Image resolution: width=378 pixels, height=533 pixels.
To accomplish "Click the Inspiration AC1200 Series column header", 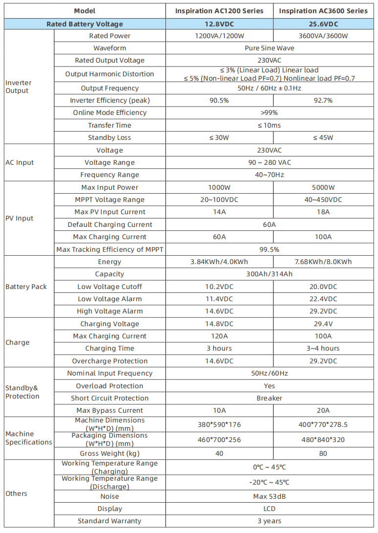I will (x=219, y=11).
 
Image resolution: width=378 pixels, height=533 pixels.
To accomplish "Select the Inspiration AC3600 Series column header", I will (x=323, y=11).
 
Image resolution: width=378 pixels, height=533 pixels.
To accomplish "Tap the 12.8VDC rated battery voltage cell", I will (x=219, y=24).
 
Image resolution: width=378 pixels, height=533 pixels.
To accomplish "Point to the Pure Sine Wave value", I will (x=269, y=48).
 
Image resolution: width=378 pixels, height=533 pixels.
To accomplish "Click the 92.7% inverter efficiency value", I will (x=323, y=100).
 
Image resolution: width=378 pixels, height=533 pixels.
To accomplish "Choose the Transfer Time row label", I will (x=110, y=125).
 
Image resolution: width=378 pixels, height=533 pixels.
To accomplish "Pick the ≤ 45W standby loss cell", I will (x=323, y=137).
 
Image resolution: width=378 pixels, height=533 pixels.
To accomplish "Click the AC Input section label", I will (x=20, y=162).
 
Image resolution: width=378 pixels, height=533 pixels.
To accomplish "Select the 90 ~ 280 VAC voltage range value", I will (x=269, y=162).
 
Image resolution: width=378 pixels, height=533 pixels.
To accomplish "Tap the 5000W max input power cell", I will (x=323, y=187).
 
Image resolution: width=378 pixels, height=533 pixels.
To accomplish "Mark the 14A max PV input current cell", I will (x=219, y=212).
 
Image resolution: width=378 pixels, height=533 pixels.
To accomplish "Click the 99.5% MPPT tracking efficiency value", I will (x=269, y=249).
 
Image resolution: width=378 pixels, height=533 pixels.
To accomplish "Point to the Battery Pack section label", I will (x=25, y=287).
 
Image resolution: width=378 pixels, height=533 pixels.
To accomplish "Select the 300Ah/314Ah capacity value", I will (x=269, y=274).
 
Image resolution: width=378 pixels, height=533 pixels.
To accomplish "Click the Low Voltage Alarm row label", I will (x=110, y=299).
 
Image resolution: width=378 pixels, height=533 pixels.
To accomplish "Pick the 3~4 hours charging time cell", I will (x=323, y=348).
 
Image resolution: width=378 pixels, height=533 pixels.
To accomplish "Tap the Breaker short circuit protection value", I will (x=269, y=398).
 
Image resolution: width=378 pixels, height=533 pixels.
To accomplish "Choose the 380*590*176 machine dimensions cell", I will (x=219, y=424).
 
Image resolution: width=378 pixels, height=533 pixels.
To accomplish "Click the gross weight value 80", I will (x=323, y=453).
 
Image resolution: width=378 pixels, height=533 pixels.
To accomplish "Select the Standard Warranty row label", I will (x=110, y=521).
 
